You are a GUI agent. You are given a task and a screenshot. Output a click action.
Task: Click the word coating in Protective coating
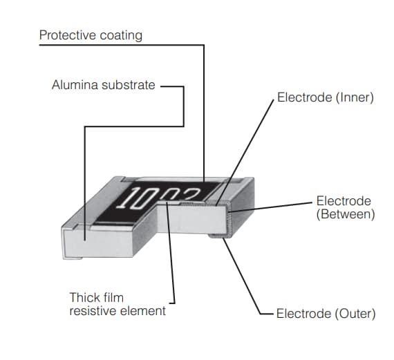pyautogui.click(x=120, y=35)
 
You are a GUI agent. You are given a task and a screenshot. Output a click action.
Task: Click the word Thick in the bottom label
pyautogui.click(x=84, y=298)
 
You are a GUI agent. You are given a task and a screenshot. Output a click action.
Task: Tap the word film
pyautogui.click(x=113, y=298)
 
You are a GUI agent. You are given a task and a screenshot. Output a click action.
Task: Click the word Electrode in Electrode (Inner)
pyautogui.click(x=304, y=98)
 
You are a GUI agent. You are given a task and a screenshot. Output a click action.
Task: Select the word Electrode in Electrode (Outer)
pyautogui.click(x=304, y=314)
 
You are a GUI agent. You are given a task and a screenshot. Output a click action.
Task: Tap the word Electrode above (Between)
pyautogui.click(x=344, y=201)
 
